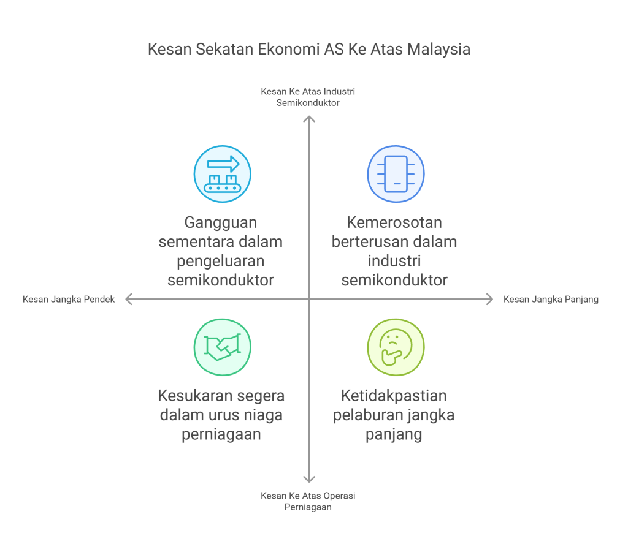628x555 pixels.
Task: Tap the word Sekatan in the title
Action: [222, 50]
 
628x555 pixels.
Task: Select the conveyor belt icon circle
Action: [222, 174]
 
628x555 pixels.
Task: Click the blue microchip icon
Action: [396, 174]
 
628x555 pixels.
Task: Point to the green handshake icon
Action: [222, 347]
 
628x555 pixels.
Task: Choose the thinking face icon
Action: [396, 347]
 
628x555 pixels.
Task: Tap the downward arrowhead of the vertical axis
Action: [309, 480]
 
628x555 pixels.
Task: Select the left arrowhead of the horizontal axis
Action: [129, 299]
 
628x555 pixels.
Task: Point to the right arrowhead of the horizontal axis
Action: [489, 299]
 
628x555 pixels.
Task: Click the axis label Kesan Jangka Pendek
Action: [69, 300]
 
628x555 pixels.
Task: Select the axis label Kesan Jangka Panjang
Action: [551, 300]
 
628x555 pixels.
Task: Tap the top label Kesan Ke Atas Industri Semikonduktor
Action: [308, 97]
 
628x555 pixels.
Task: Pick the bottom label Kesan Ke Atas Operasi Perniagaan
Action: [308, 501]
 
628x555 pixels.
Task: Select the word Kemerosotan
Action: [394, 222]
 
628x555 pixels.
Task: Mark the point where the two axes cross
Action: [309, 299]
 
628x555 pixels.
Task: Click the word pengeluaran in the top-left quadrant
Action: [221, 261]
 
